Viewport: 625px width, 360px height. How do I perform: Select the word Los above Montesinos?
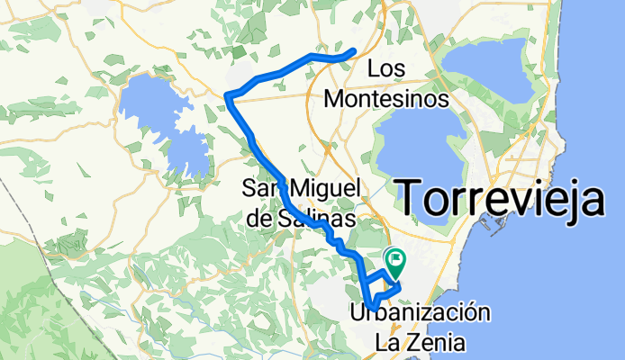(386, 68)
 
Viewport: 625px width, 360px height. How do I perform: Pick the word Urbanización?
(420, 313)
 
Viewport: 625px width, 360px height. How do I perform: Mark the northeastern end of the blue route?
(354, 50)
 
